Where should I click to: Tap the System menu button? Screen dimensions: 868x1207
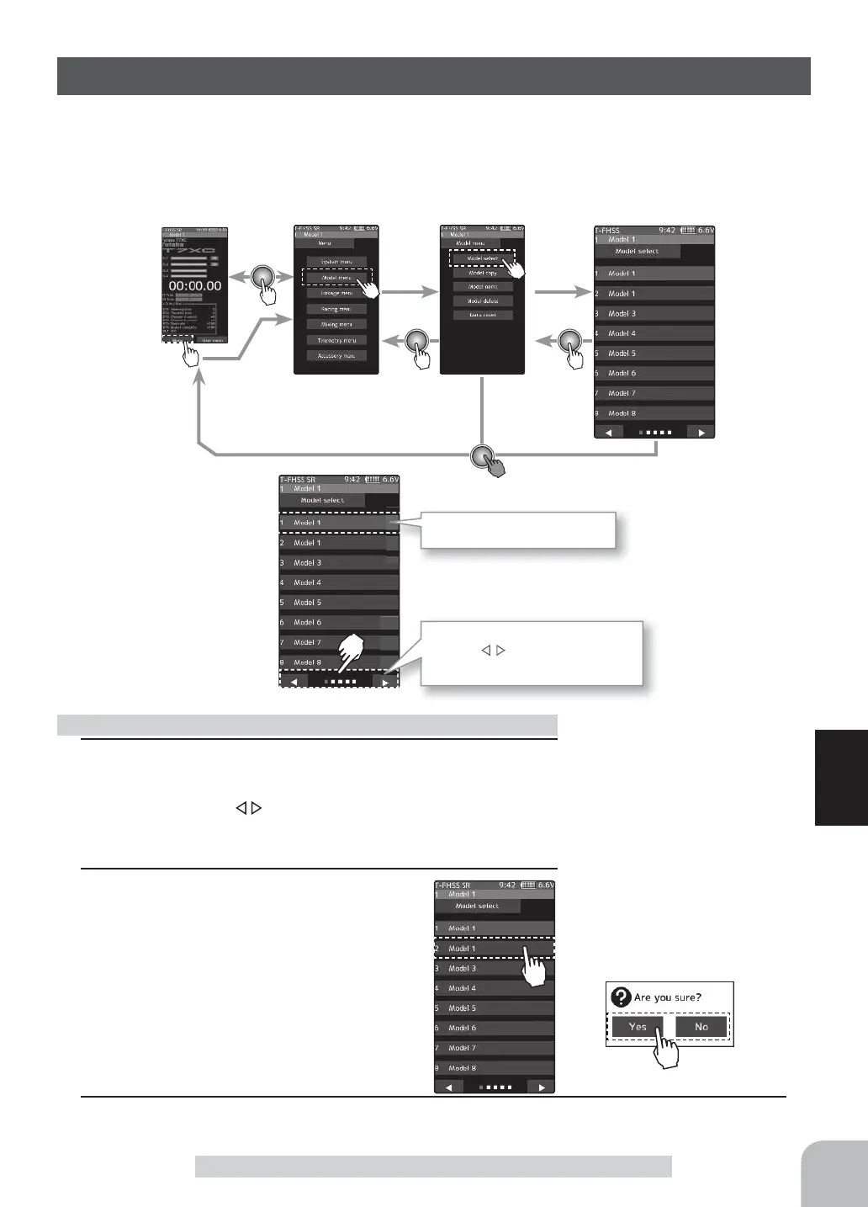point(336,261)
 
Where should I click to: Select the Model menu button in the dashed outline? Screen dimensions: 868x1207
point(336,277)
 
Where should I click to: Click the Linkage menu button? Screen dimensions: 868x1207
point(336,293)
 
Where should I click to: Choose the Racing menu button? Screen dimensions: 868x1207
point(336,309)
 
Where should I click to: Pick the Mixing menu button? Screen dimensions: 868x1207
point(336,324)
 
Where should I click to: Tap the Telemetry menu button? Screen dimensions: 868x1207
point(336,340)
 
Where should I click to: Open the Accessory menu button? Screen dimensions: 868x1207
point(336,356)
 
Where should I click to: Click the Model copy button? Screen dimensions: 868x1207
point(482,273)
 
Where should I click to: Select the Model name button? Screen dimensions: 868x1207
point(482,287)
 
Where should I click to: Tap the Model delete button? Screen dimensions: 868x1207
point(482,300)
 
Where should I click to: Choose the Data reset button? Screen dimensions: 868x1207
point(482,315)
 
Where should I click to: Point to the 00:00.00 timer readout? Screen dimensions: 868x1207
point(194,286)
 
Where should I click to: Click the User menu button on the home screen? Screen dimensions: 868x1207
point(212,340)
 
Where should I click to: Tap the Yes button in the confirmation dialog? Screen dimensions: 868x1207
point(638,1027)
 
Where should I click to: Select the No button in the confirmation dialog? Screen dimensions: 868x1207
point(701,1027)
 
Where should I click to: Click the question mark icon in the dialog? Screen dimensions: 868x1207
point(621,997)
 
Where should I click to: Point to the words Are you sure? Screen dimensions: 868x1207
point(668,997)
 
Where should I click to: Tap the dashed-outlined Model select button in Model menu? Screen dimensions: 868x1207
point(482,258)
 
